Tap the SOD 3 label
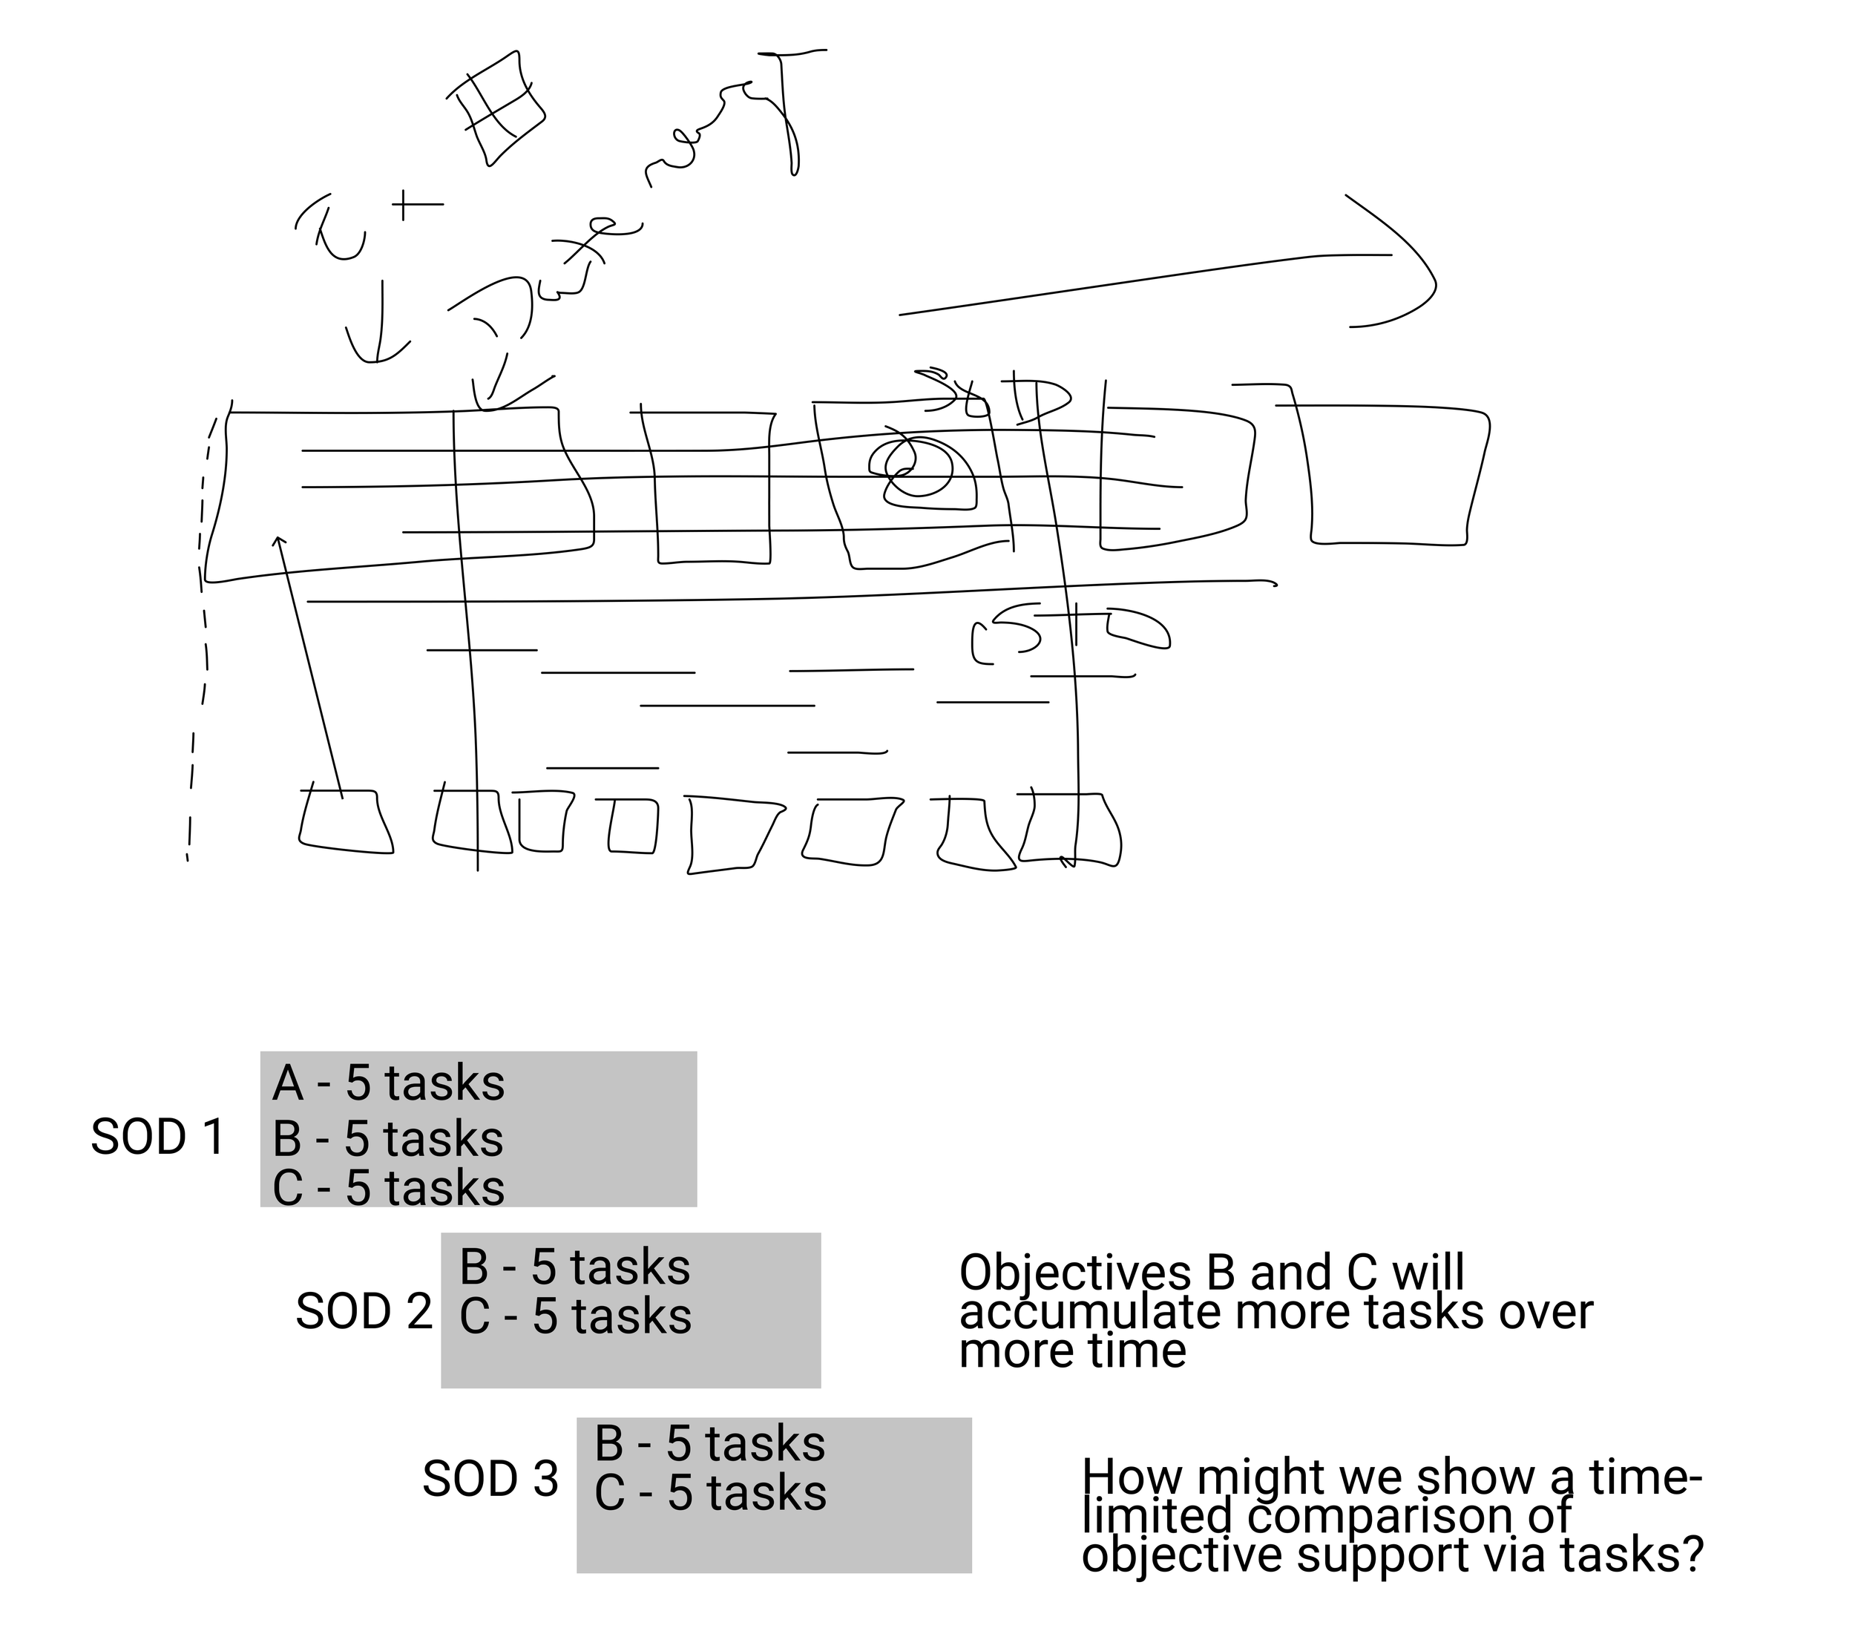point(490,1479)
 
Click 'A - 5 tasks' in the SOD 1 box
point(387,1083)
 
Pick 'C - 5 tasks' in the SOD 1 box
point(387,1187)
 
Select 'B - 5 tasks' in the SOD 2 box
point(574,1267)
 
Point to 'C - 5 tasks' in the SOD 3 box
point(709,1492)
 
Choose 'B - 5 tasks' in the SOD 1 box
point(387,1138)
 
